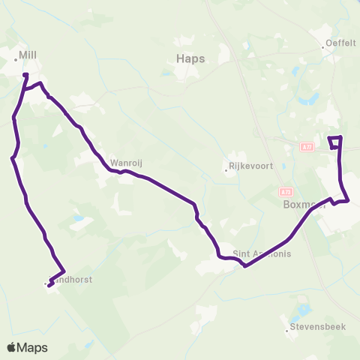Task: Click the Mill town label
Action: coord(28,55)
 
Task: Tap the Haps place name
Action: coord(189,58)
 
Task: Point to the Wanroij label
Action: coord(122,161)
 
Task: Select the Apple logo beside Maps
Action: coord(13,347)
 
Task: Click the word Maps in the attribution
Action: coord(34,347)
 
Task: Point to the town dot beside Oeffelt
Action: coord(323,49)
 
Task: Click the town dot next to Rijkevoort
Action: coord(226,169)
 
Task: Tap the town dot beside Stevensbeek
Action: coord(286,329)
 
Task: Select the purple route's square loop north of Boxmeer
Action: coord(335,142)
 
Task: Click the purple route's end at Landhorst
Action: coord(49,284)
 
